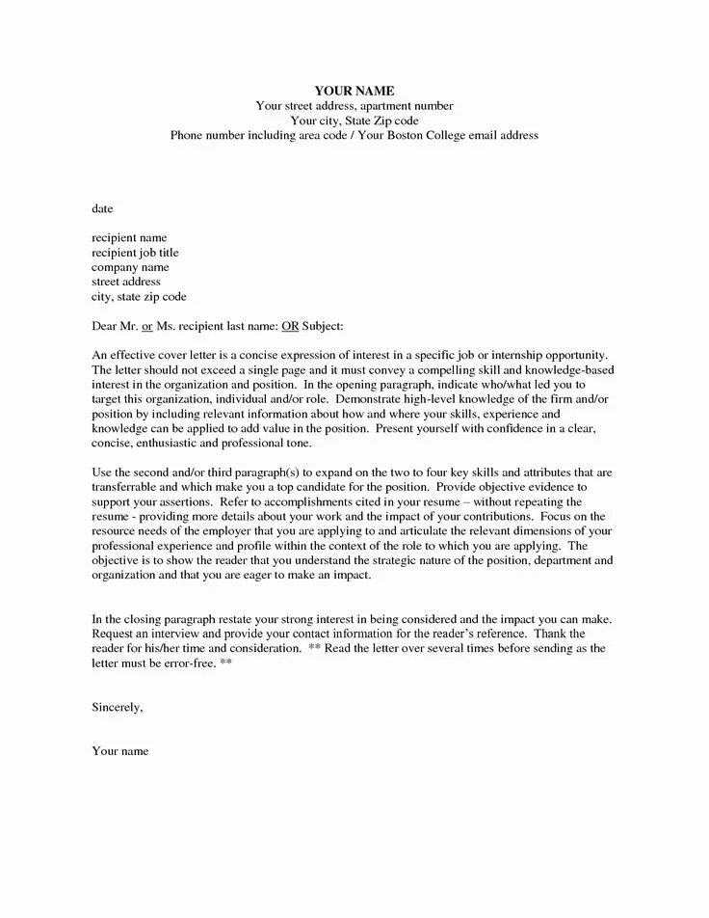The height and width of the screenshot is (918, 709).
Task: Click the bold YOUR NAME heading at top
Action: [354, 91]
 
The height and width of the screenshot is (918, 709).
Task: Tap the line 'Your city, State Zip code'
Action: [354, 121]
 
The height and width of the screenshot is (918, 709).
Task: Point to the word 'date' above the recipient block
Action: [102, 207]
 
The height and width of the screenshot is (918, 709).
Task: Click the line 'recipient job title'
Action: [135, 253]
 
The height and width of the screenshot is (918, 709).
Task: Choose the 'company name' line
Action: [130, 267]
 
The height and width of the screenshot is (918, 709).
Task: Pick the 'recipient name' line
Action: [129, 237]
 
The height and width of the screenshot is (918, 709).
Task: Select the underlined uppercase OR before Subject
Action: [289, 327]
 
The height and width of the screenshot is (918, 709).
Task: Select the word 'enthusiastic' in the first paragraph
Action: [167, 445]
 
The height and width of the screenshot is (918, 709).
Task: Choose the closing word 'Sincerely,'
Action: [118, 707]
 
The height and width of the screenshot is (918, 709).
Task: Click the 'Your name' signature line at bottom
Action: [119, 751]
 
